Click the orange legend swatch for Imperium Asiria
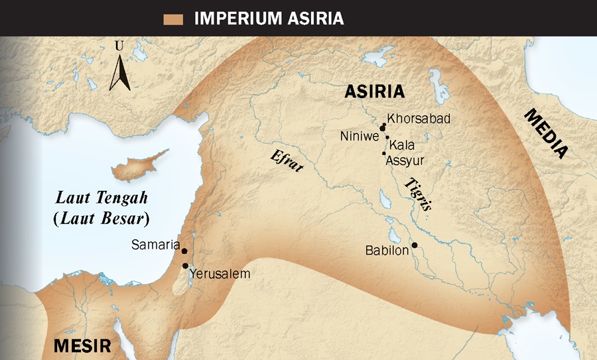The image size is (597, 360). click(173, 19)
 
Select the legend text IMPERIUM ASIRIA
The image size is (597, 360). click(269, 19)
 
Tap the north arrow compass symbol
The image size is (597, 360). click(119, 73)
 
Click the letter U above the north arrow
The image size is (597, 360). click(119, 46)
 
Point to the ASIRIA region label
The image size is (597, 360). click(375, 92)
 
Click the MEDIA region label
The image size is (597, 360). click(547, 133)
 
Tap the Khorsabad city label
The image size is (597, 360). click(419, 119)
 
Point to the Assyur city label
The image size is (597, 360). click(405, 160)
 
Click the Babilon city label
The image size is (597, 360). click(387, 251)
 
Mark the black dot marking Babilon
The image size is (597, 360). click(415, 245)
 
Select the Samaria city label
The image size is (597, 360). click(156, 245)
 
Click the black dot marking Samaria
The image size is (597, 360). click(184, 251)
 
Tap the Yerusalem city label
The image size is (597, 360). click(220, 273)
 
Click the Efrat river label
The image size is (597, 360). click(286, 161)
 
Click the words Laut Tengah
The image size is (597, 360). click(101, 198)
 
